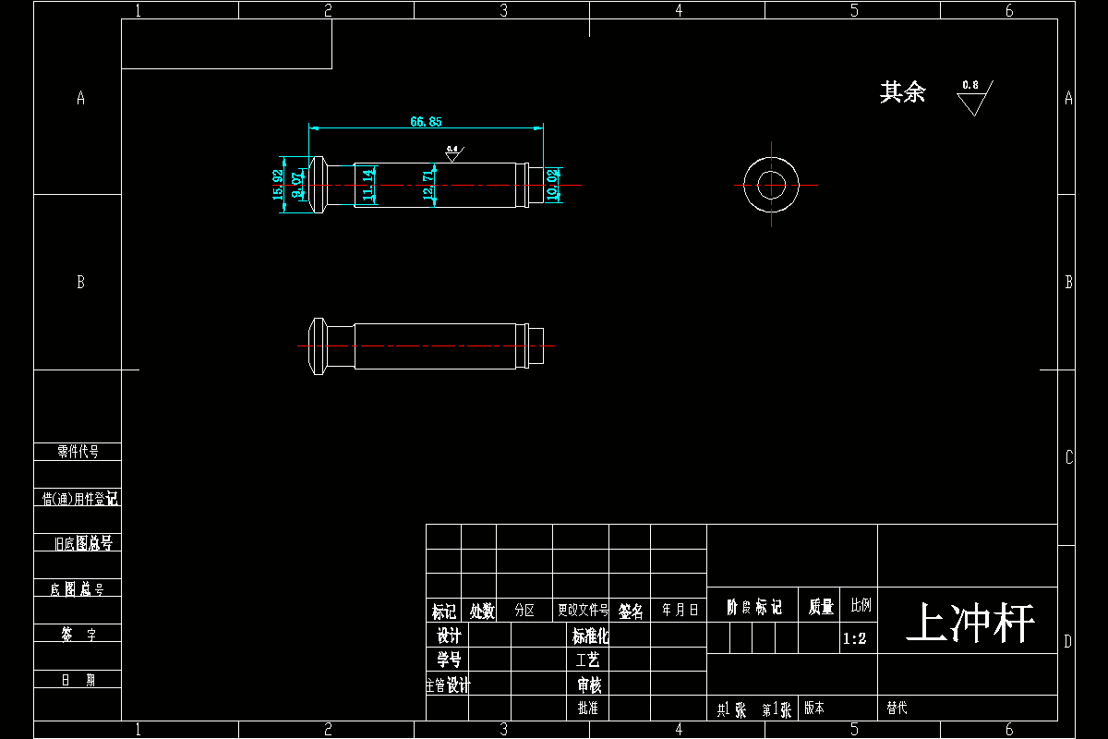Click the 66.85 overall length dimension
426,121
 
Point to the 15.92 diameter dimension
278,190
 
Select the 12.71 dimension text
428,185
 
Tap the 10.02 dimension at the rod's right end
552,185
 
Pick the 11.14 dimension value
368,185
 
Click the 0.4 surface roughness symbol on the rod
452,153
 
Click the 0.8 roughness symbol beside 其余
971,95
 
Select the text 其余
902,92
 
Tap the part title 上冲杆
969,624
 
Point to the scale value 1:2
855,638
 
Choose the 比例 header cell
861,606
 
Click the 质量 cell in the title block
821,607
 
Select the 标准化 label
591,636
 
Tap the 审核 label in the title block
589,684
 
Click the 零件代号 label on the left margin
78,452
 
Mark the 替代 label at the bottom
897,709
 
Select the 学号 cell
449,660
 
